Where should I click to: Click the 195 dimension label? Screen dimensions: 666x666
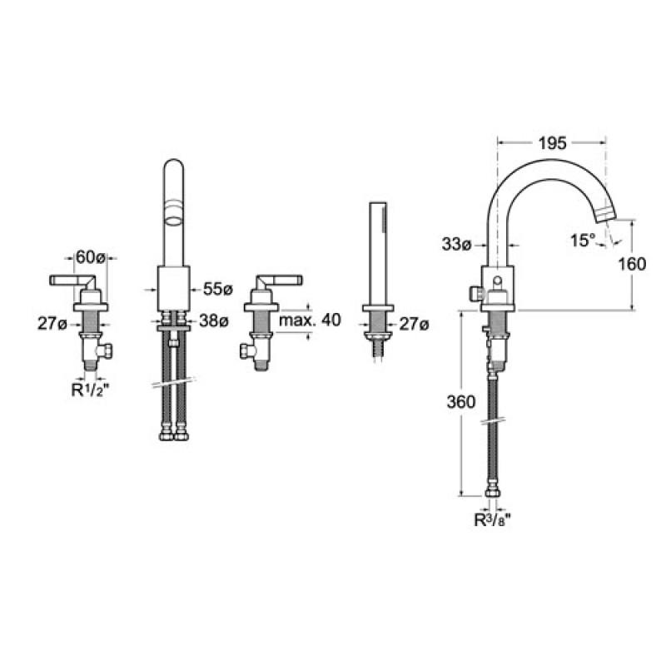553,143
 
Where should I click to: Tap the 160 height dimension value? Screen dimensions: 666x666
632,264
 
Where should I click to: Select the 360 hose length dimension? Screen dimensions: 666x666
461,401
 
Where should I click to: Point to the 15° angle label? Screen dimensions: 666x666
582,241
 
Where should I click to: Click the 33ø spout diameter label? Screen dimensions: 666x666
457,244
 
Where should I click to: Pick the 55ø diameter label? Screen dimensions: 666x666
218,289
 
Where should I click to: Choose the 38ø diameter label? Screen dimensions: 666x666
214,321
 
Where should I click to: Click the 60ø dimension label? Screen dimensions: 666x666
90,257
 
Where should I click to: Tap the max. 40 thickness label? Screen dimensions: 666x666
310,321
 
